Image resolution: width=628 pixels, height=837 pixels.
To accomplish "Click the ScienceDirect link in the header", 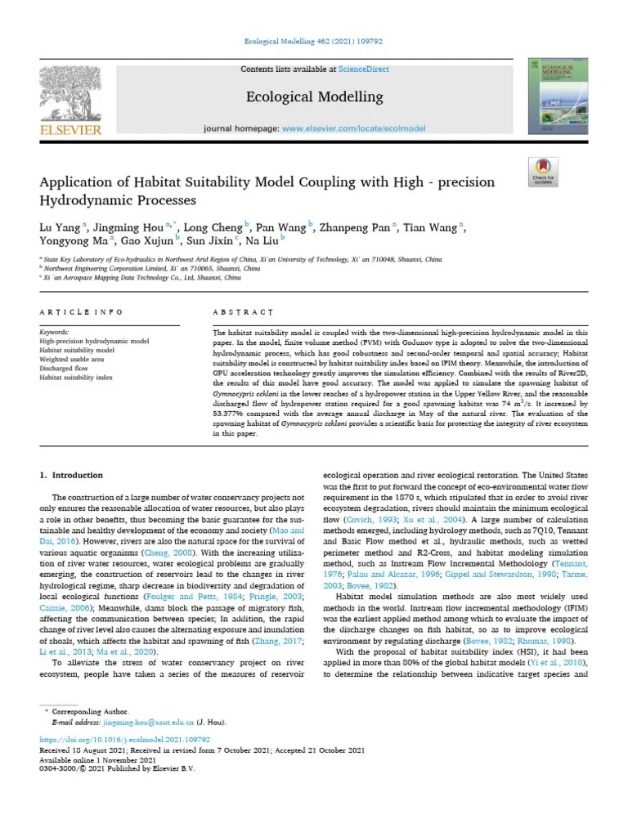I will tap(366, 69).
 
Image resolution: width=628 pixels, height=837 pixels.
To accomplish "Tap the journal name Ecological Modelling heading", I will tap(314, 96).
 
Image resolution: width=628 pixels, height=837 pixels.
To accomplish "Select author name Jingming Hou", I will tap(131, 227).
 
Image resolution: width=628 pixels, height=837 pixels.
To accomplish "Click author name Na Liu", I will tap(262, 240).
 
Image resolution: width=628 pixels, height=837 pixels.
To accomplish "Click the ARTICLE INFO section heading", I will tap(81, 312).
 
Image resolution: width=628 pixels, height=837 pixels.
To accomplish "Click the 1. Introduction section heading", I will tap(72, 475).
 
